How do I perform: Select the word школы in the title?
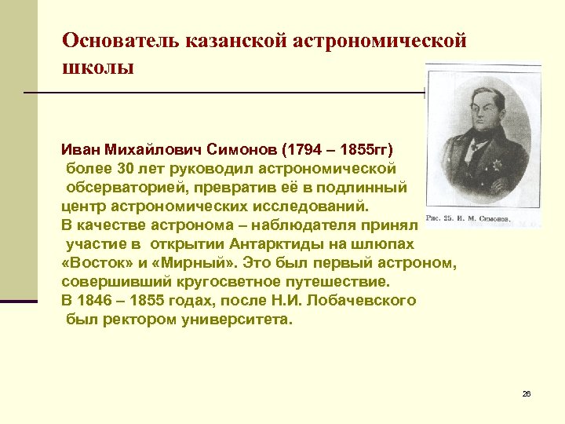98,67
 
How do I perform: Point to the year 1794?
305,149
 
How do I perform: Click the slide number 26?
527,393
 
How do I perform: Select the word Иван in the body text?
81,149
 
